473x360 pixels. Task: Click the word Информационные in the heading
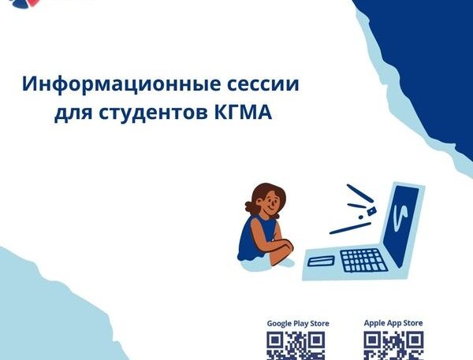121,84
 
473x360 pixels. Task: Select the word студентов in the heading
153,112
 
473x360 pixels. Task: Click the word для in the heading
73,113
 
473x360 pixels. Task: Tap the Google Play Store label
298,324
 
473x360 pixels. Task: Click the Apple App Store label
393,323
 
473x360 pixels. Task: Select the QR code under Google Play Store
296,346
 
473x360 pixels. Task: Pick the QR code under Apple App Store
393,346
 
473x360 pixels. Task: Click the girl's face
270,203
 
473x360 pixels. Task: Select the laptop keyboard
363,261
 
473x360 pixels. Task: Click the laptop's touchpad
321,261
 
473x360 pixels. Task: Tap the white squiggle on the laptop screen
400,215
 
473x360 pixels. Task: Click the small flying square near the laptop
371,211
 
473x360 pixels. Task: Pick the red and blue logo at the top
24,3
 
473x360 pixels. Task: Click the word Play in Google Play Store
293,324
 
